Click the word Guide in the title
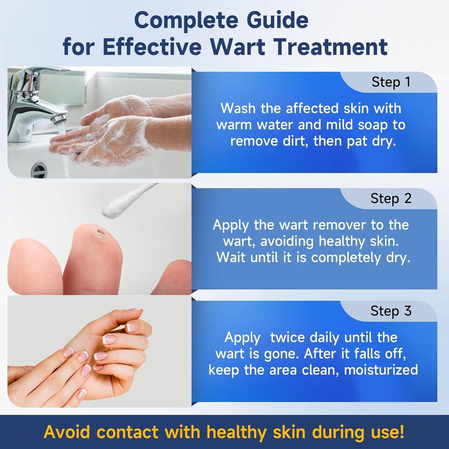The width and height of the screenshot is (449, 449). [x=277, y=21]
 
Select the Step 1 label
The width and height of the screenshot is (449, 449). [x=391, y=82]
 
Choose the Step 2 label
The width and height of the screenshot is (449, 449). [x=391, y=198]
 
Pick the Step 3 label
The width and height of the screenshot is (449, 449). [x=391, y=311]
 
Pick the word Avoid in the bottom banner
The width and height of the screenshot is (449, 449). [x=67, y=432]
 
